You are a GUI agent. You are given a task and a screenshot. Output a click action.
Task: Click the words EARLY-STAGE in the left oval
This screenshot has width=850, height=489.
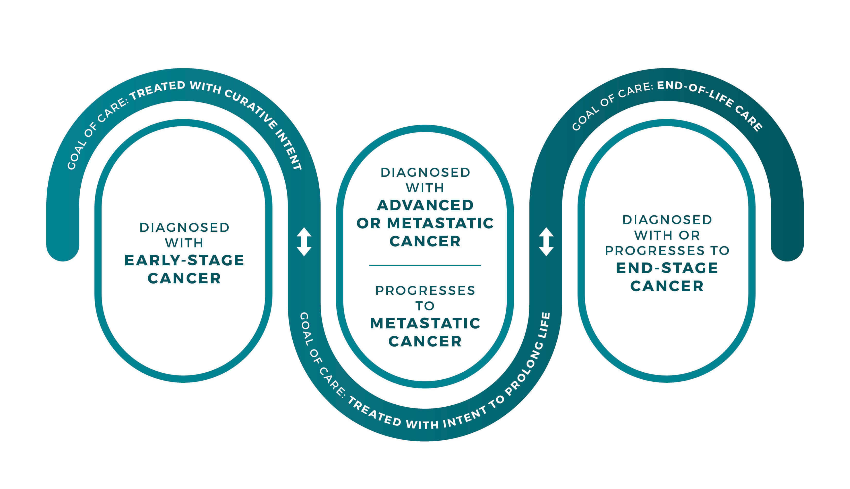coord(184,260)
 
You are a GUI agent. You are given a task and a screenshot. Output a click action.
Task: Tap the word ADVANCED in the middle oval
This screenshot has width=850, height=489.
coord(425,205)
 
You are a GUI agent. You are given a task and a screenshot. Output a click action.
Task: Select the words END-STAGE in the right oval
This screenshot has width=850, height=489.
coord(667,268)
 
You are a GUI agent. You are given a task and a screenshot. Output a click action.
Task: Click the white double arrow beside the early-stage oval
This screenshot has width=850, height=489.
coord(304,242)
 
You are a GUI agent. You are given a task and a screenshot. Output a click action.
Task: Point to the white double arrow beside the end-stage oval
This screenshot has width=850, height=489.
coord(546,242)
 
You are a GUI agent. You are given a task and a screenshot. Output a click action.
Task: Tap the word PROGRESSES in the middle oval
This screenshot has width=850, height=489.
coord(425,291)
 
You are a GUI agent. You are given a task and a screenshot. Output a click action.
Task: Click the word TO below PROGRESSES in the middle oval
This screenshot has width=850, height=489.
coord(425,306)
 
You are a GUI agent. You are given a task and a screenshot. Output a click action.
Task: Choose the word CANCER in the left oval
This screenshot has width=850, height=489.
coord(184,278)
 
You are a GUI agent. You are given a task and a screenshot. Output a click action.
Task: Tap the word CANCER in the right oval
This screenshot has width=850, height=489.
coord(667,286)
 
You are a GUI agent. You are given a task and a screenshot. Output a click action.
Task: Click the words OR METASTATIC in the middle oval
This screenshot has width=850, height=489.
coord(425,223)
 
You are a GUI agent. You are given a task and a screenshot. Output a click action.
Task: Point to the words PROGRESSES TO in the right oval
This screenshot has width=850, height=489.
coord(667,250)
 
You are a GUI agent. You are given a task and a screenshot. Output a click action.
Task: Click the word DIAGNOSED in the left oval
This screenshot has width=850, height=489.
coord(184,228)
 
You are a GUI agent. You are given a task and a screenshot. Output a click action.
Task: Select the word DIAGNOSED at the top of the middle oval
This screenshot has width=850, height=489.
coord(425,173)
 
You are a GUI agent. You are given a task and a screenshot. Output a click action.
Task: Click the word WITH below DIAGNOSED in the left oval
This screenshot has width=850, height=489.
coord(184,243)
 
